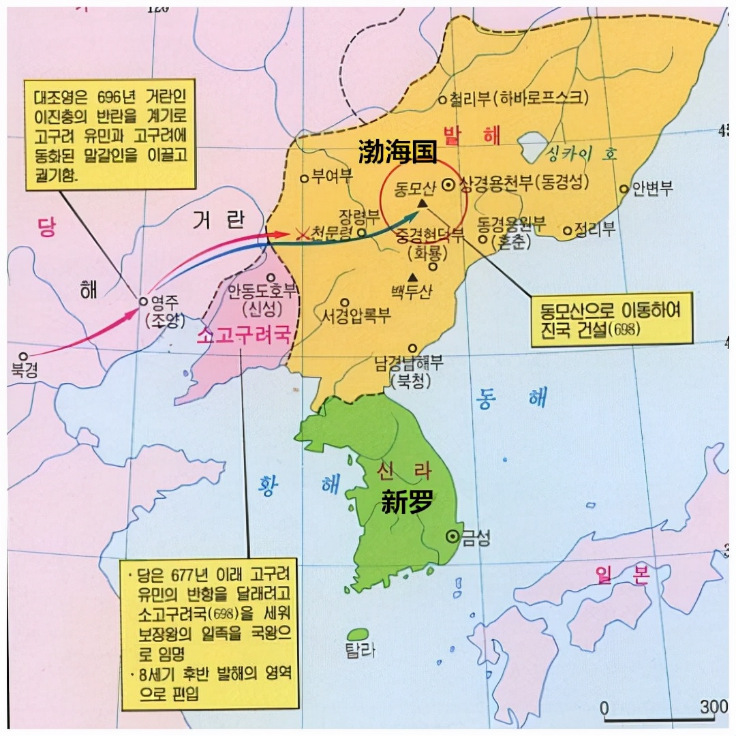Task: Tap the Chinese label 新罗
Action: (408, 503)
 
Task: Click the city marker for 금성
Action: (451, 536)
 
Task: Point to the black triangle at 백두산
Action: (413, 277)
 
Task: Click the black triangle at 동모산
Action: (423, 203)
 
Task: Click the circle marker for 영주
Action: (143, 300)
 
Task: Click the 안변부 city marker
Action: (624, 189)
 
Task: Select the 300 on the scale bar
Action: (714, 707)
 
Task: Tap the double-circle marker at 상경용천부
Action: (449, 184)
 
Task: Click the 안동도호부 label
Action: (263, 292)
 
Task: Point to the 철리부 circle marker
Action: (442, 99)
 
